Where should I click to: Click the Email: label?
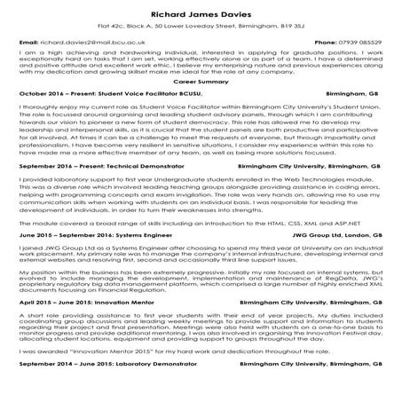point(28,42)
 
